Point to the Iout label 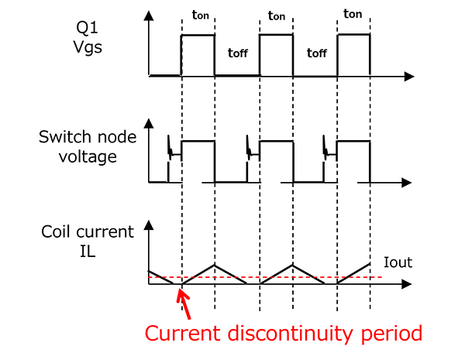coord(398,262)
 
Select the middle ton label coord(275,15)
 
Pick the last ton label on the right coord(352,15)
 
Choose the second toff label coord(316,53)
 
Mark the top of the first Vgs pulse coord(198,35)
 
